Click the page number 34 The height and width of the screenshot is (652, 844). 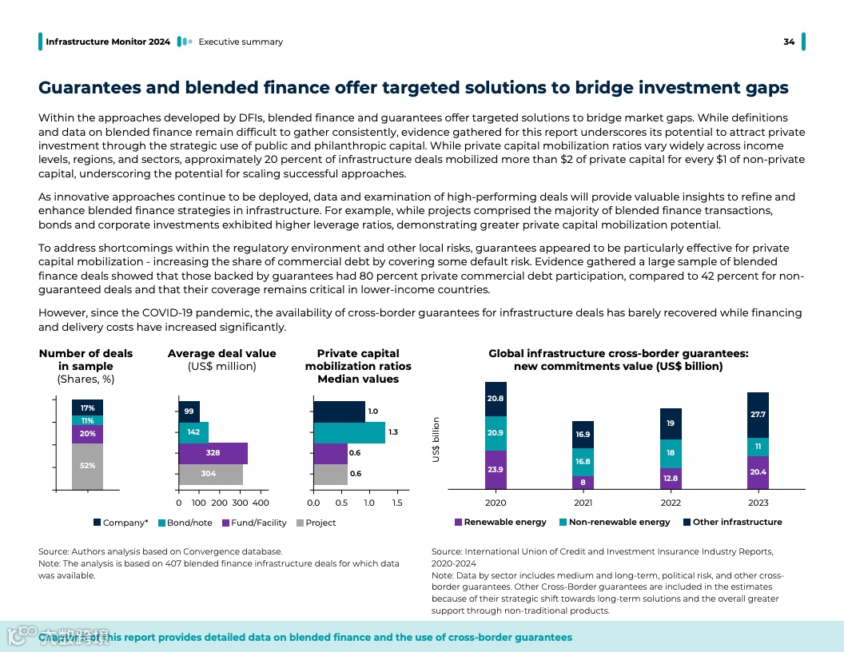tap(789, 42)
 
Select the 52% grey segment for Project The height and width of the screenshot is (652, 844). tap(87, 466)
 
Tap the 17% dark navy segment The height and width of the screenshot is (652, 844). tap(87, 407)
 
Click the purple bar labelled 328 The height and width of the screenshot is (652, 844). tap(213, 453)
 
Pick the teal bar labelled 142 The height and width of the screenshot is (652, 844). tap(193, 432)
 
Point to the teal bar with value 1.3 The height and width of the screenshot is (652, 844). tap(349, 432)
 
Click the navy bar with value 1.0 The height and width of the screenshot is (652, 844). tap(339, 411)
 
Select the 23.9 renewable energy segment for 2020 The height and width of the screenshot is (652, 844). tap(496, 469)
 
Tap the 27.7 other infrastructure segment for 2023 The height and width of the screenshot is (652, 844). tap(758, 415)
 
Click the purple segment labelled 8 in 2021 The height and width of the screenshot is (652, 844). tap(583, 482)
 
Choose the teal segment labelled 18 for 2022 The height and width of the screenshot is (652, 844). tap(671, 453)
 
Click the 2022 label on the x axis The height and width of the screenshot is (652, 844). tap(671, 503)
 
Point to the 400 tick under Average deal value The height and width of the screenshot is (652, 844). tap(261, 503)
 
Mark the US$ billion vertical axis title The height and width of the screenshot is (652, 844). tap(436, 439)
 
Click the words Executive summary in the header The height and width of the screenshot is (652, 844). tap(241, 42)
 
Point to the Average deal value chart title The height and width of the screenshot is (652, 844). tap(221, 353)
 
